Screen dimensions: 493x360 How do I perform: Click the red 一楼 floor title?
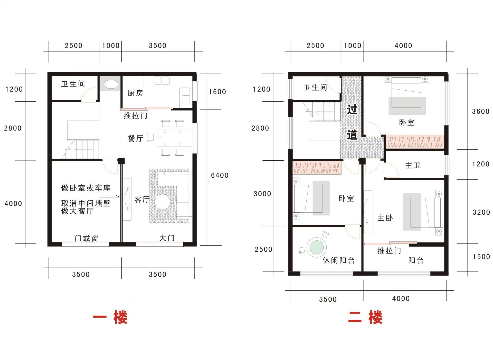coord(110,317)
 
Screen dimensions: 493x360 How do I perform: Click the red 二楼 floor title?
coord(365,317)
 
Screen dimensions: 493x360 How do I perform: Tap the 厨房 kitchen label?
coord(135,93)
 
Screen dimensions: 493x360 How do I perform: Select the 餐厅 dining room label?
coord(135,139)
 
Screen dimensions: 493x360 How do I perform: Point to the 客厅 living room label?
coord(142,200)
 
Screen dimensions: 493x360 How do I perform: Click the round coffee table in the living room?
coord(162,202)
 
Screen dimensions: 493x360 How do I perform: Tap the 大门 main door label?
coord(167,238)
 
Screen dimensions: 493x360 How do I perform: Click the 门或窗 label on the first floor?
coord(87,239)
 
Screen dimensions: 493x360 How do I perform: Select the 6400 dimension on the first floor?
coord(220,175)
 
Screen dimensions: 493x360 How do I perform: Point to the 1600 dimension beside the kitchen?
coord(217,92)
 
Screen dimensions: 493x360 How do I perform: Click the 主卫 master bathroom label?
coord(413,165)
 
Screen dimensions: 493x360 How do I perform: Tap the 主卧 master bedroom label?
coord(385,218)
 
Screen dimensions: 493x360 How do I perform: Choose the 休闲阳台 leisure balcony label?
coord(339,261)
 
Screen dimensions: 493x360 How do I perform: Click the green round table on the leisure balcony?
coord(317,247)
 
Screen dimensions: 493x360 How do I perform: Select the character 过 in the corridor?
coord(352,110)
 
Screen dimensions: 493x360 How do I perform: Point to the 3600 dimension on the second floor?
coord(481,111)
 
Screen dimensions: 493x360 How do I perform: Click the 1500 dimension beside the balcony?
coord(481,257)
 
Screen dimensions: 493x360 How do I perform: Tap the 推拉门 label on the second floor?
coord(389,251)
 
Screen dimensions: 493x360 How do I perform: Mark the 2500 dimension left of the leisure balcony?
coord(263,249)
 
